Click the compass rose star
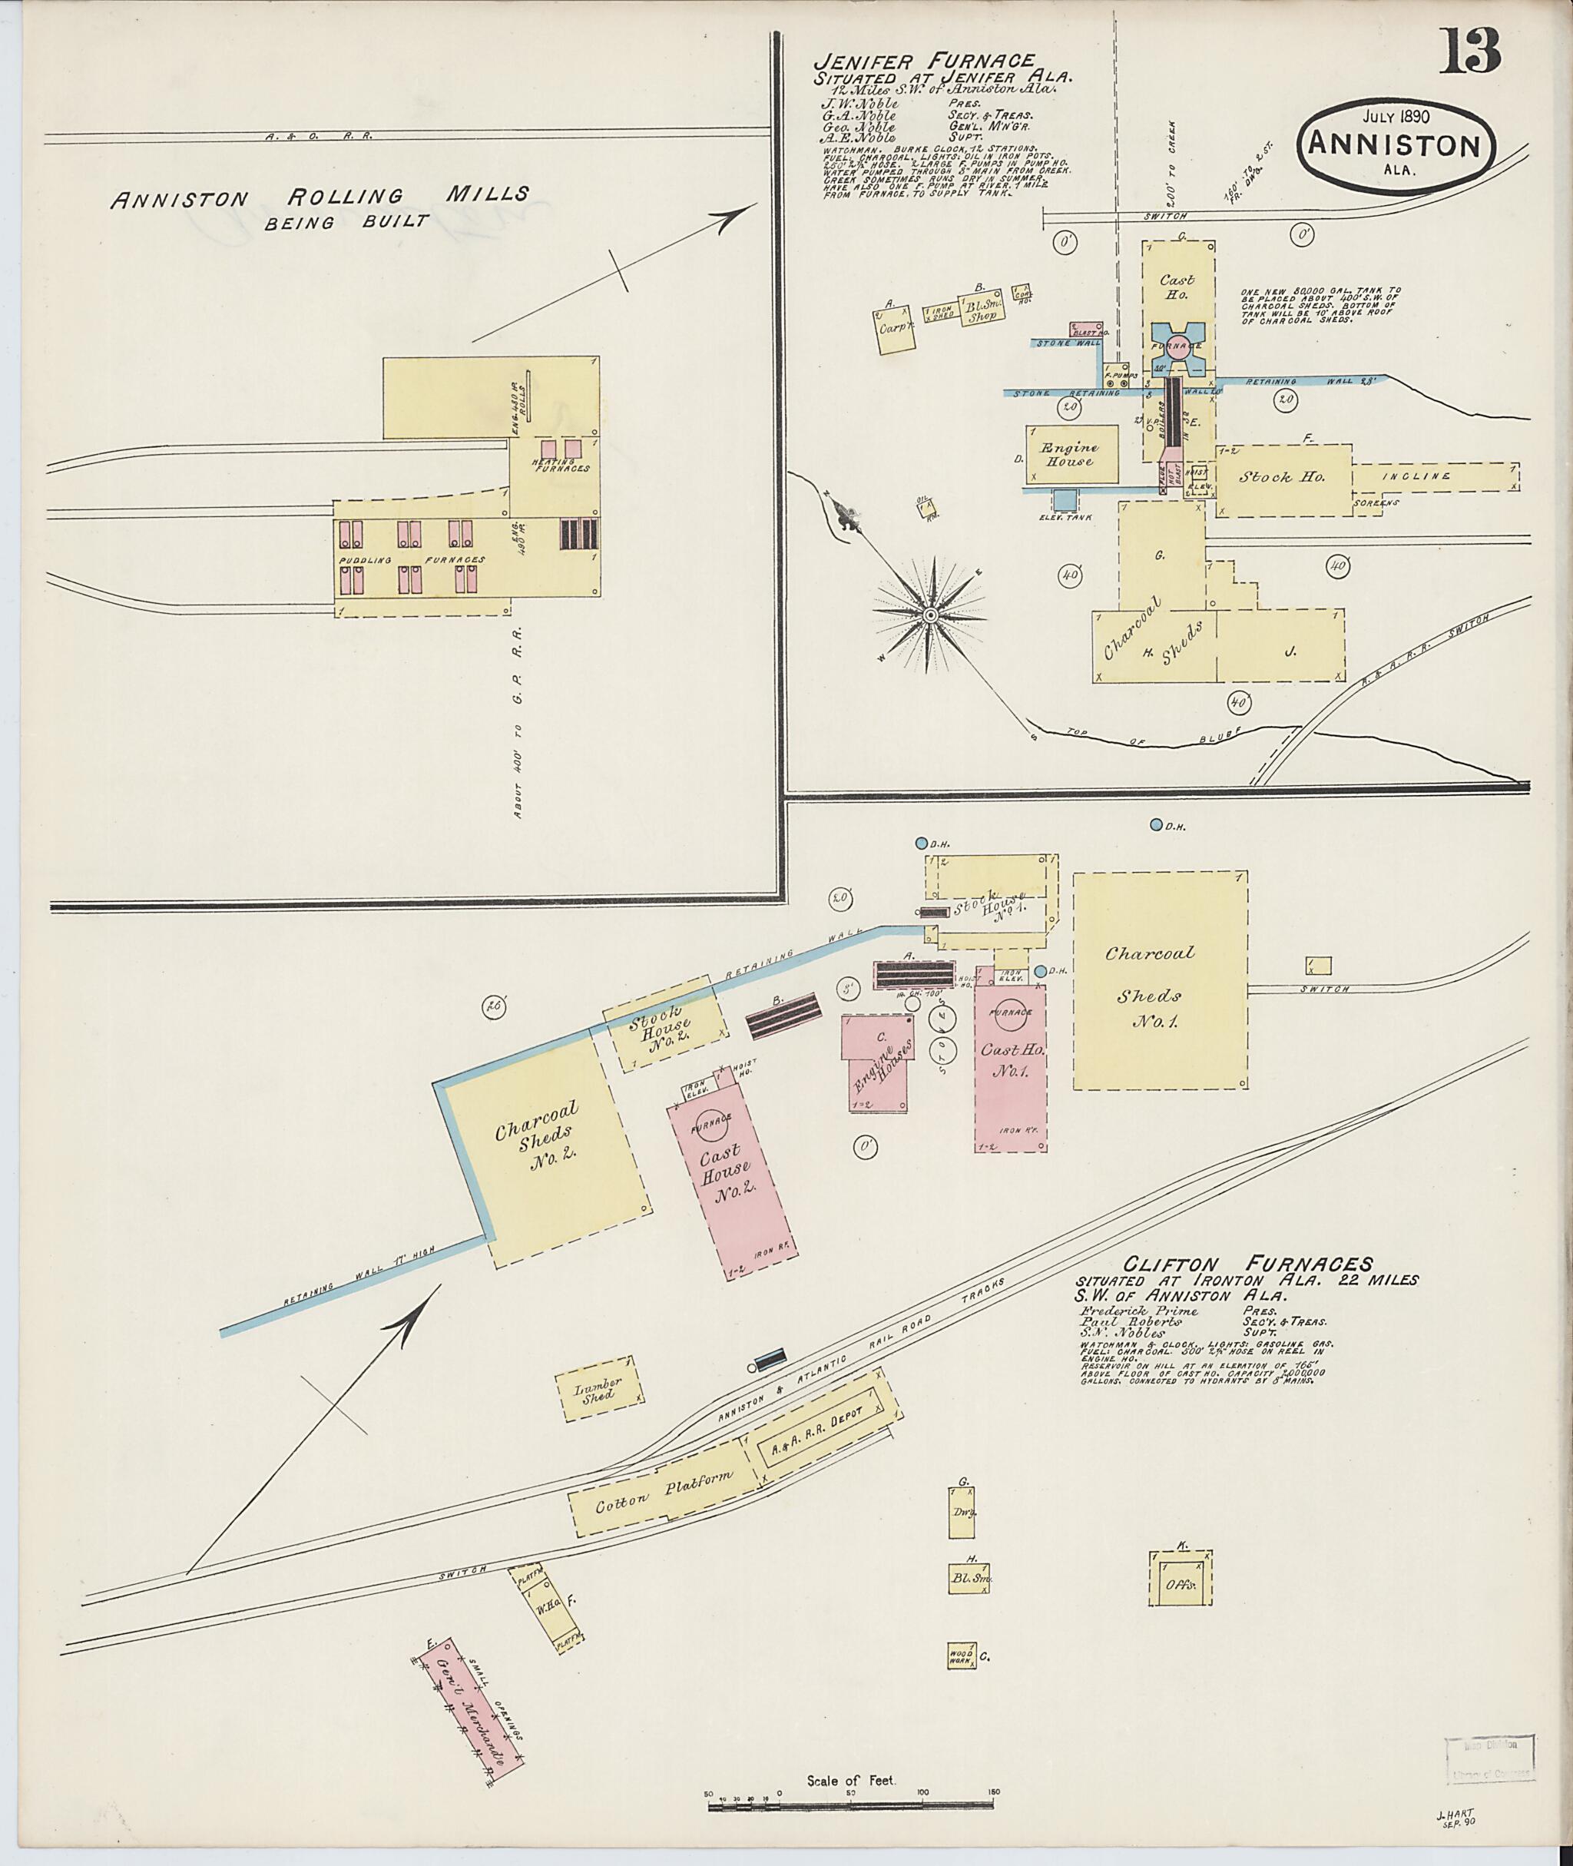point(930,615)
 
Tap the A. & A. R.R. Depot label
point(826,1442)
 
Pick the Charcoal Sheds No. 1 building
point(1158,980)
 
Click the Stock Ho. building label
point(1281,477)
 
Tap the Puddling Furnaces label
point(411,560)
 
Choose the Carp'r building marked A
point(896,328)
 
